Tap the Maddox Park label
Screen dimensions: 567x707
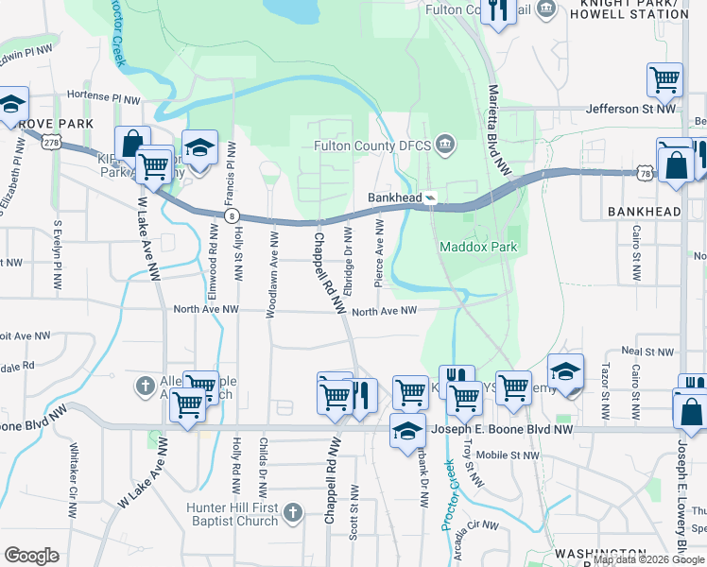click(x=478, y=248)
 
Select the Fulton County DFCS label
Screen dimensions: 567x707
click(x=374, y=146)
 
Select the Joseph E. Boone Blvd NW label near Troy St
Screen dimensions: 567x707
click(x=501, y=429)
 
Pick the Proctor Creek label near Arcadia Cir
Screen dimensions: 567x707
click(x=451, y=503)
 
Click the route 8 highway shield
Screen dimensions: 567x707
click(x=231, y=216)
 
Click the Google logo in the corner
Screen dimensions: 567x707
click(x=31, y=556)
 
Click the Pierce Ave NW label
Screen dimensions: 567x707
click(x=380, y=253)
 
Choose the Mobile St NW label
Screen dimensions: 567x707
click(x=508, y=455)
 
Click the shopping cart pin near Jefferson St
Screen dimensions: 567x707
click(x=665, y=80)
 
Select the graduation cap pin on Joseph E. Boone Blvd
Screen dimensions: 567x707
click(x=407, y=430)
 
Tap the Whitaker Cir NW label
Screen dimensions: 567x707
click(x=73, y=478)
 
